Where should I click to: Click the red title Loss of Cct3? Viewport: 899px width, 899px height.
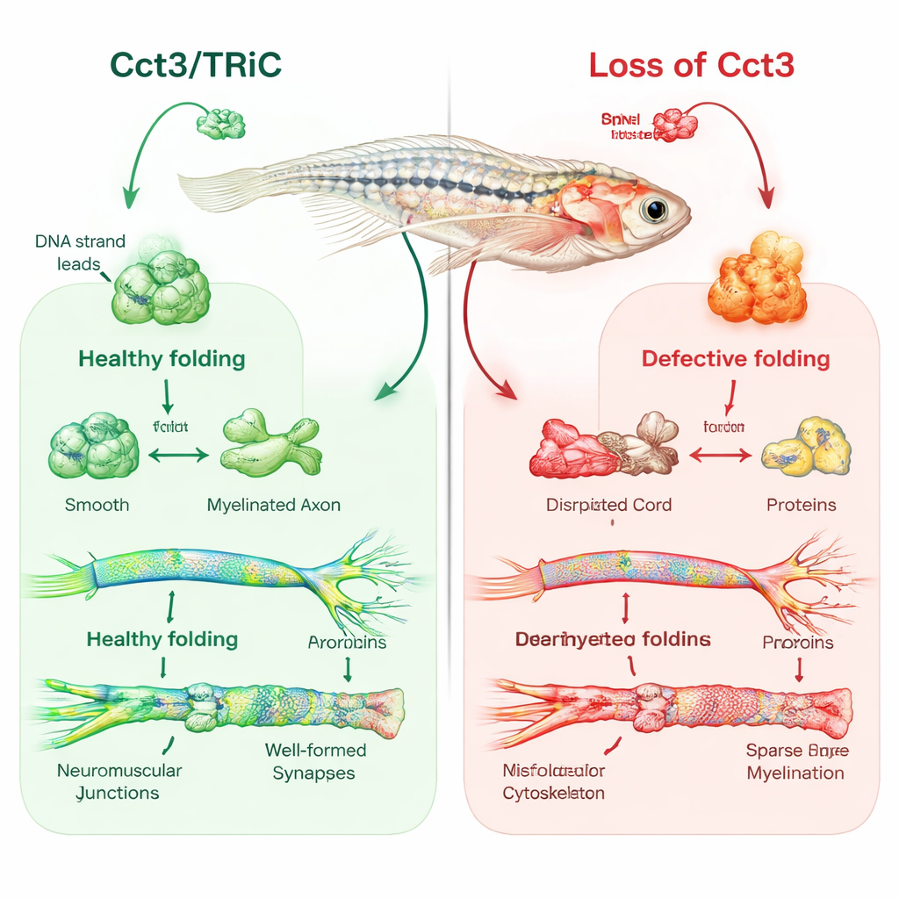[x=691, y=66]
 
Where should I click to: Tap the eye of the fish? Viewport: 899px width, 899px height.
[x=652, y=209]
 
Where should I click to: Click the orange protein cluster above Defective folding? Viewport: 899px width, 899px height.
[x=757, y=278]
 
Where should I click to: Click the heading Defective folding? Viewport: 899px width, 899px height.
[x=736, y=358]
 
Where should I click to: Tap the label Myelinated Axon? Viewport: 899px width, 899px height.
[x=273, y=505]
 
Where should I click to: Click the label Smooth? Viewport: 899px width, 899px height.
[x=97, y=505]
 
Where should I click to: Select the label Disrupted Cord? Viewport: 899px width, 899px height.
[x=608, y=505]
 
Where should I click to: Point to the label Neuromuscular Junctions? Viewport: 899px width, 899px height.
[x=119, y=781]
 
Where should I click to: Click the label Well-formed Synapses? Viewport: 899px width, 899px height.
[x=314, y=761]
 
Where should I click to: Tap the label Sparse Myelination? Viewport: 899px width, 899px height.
[x=796, y=761]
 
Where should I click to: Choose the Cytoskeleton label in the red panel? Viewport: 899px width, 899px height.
[x=553, y=793]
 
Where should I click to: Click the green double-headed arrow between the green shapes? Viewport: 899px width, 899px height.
[x=178, y=455]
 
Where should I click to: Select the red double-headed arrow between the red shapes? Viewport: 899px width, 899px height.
[x=720, y=455]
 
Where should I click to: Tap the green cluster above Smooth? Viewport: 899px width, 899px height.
[x=93, y=449]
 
